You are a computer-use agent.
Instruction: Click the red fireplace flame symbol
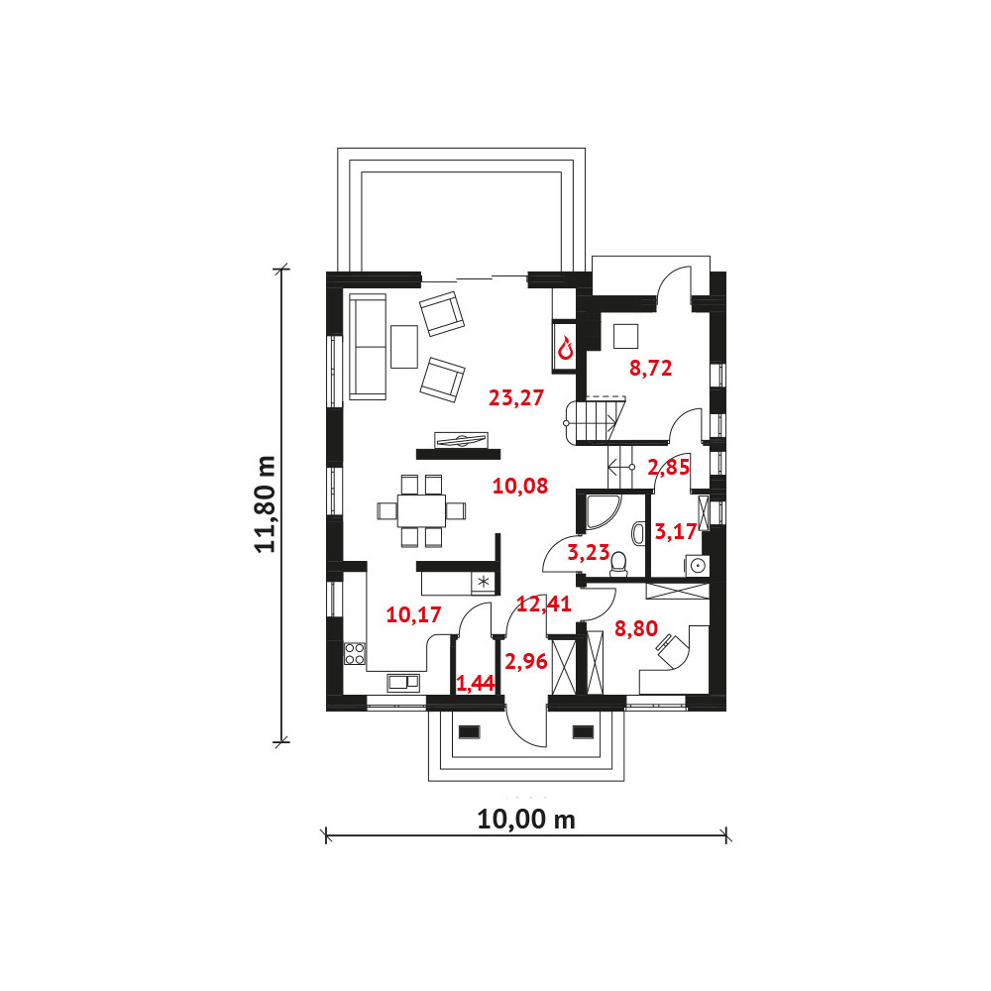coord(565,348)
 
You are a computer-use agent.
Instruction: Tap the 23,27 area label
coord(516,397)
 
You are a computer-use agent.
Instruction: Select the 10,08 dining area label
coord(519,486)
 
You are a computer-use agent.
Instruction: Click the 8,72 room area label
coord(650,368)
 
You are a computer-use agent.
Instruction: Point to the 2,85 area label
coord(668,467)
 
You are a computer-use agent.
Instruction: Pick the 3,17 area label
coord(676,531)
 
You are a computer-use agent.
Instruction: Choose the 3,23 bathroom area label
coord(589,553)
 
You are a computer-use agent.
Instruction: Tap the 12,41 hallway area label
coord(544,605)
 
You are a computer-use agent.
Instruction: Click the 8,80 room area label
coord(636,628)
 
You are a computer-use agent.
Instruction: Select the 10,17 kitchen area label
coord(413,614)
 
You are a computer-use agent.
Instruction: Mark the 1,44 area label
coord(475,683)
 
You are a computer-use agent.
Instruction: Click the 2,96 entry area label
coord(526,662)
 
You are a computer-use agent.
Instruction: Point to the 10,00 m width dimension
coord(526,820)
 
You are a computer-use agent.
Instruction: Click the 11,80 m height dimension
coord(266,504)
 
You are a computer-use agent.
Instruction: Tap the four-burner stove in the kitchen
coord(355,653)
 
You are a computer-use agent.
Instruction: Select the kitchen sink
coord(403,682)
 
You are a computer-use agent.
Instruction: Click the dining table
coord(421,510)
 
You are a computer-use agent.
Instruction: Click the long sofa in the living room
coord(368,347)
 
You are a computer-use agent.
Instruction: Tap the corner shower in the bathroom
coord(602,511)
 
